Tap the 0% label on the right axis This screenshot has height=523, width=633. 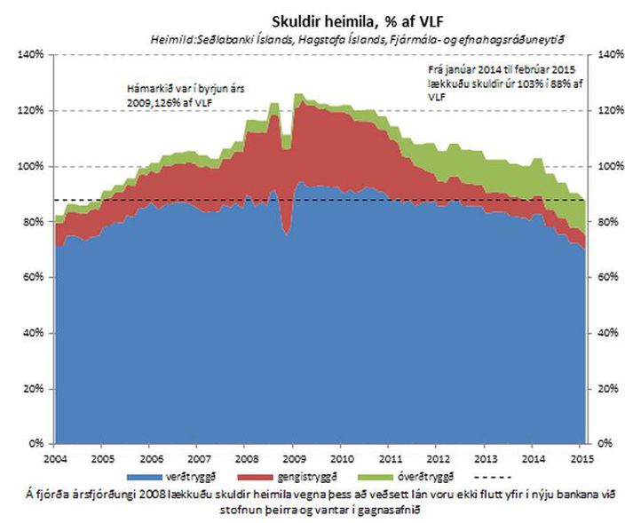609,443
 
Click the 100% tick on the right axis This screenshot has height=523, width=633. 613,166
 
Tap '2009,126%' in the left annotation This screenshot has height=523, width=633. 152,103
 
